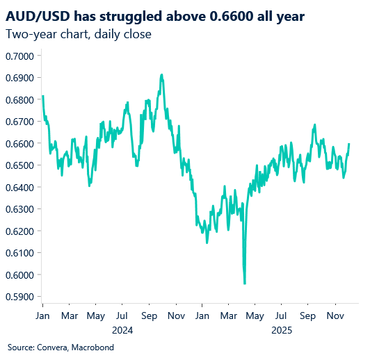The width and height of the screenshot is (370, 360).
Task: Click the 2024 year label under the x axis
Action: tap(121, 330)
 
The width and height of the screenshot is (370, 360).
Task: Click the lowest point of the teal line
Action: tap(245, 284)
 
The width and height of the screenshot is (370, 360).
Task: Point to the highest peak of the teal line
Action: tap(162, 74)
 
